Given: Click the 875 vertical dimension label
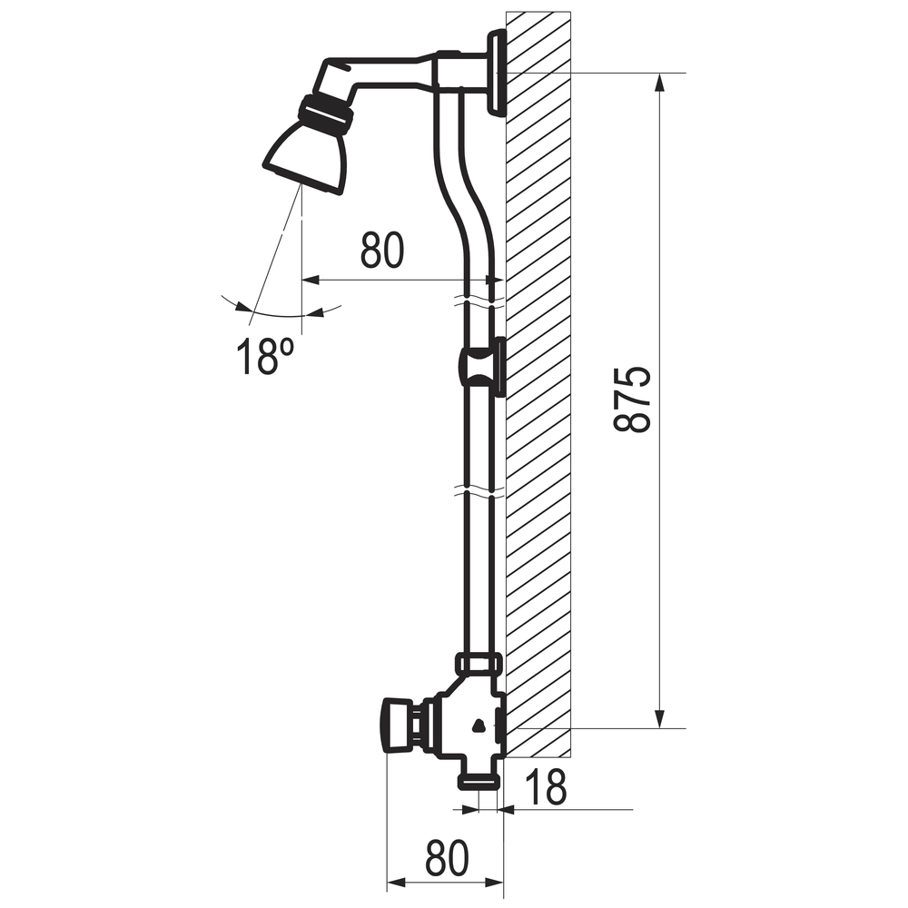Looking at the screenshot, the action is pos(632,400).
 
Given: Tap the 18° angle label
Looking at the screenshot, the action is pos(265,356).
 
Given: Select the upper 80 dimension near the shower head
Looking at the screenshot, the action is pos(381,251).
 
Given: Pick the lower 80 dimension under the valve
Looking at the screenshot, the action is pos(447,858).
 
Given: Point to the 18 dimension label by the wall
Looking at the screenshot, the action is pos(546,786).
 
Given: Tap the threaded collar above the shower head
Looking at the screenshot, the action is pos(326,116).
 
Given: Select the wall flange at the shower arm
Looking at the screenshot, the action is pos(498,73).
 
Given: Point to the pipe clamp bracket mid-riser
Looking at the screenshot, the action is pos(483,367).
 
